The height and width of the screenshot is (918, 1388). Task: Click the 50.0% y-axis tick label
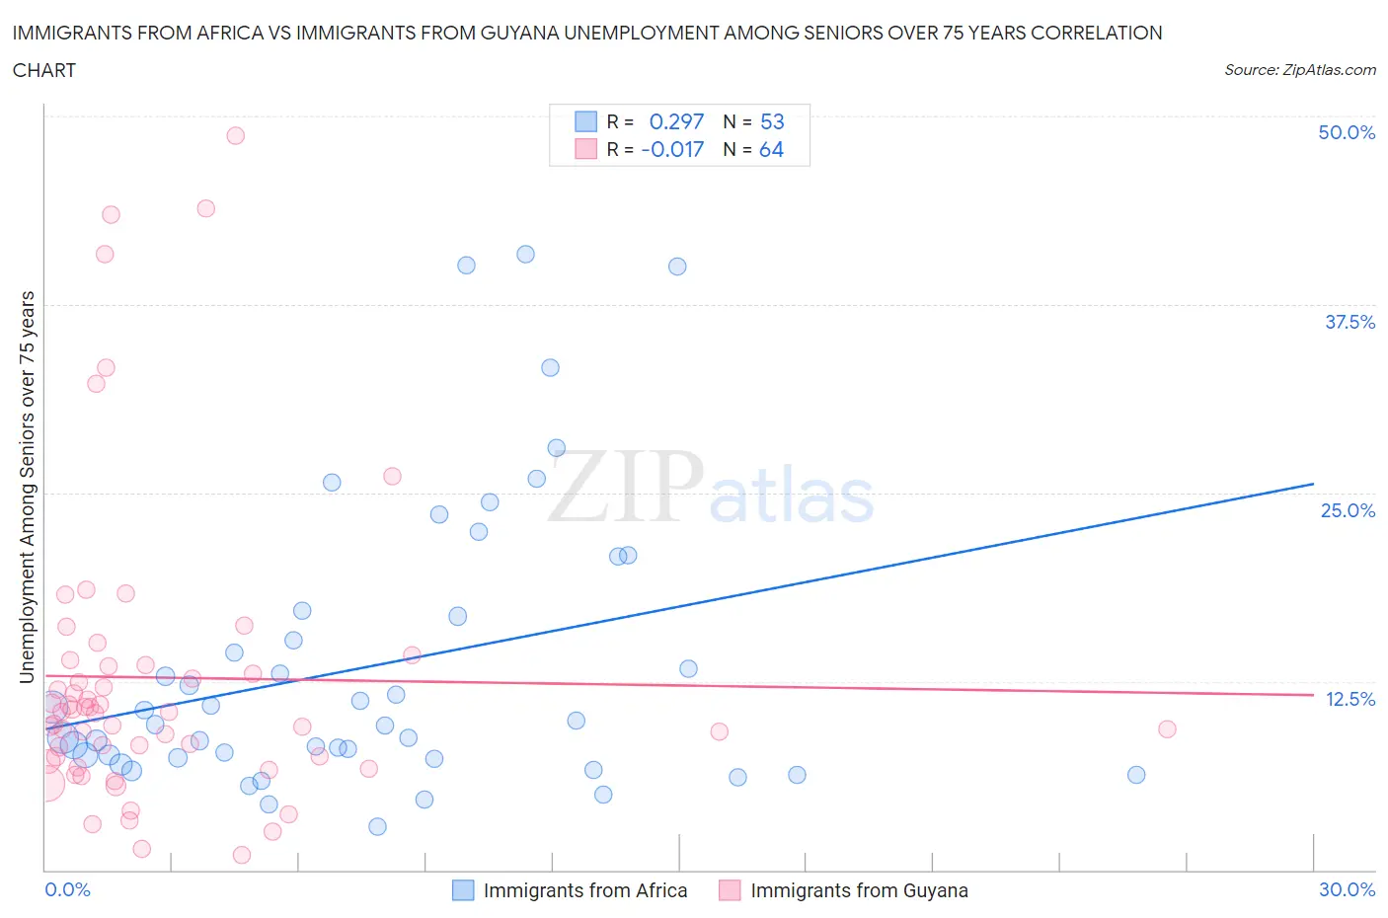(x=1346, y=132)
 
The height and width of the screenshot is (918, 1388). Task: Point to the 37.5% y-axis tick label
(x=1349, y=322)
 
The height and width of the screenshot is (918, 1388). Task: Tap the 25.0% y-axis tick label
(x=1347, y=510)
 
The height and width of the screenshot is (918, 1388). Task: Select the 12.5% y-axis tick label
(x=1349, y=699)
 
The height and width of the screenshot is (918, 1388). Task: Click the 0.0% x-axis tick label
(x=67, y=889)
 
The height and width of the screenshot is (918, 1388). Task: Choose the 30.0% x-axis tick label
(x=1347, y=889)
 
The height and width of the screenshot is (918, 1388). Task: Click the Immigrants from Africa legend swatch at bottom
(x=463, y=890)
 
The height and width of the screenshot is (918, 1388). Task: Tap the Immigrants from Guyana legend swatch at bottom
(x=730, y=890)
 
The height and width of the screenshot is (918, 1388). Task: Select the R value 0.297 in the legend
(x=676, y=121)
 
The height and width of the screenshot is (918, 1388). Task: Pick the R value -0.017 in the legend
(x=672, y=150)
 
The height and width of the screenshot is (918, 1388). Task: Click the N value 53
(x=772, y=121)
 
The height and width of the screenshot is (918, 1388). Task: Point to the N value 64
(x=771, y=150)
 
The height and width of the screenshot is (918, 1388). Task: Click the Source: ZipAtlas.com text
(x=1299, y=69)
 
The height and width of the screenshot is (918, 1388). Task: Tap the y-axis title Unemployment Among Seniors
(x=27, y=487)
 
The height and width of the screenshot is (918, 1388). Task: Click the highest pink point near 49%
(x=235, y=135)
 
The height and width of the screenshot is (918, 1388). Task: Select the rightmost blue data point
(x=1136, y=775)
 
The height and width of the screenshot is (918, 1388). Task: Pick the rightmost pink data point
(x=1167, y=729)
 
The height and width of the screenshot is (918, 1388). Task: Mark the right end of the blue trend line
(x=1313, y=484)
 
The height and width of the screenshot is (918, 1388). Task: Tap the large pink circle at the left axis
(x=45, y=784)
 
